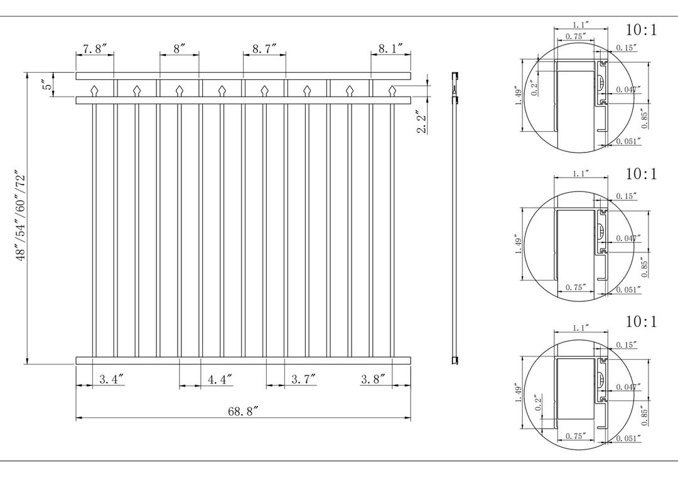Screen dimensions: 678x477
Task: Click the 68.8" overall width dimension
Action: (243, 411)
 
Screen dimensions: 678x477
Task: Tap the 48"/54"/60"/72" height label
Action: (21, 217)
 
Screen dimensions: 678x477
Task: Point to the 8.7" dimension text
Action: (265, 49)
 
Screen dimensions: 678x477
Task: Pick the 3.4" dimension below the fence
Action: (112, 379)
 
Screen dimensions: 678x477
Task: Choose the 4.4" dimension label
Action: (220, 379)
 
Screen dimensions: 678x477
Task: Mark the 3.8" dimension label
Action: (373, 379)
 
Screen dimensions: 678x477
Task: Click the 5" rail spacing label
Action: (48, 84)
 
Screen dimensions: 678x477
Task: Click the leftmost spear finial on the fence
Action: (94, 91)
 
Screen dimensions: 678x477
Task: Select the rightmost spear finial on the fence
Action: (392, 91)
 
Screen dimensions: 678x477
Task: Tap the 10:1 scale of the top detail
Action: (641, 30)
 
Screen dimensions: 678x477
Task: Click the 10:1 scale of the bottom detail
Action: (641, 322)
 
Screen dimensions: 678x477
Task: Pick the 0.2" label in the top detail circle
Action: (534, 88)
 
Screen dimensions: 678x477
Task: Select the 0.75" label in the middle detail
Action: (576, 287)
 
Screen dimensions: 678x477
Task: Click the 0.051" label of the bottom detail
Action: (628, 438)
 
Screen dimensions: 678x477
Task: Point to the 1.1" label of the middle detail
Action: (581, 173)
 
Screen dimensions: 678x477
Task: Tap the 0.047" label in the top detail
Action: (628, 90)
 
